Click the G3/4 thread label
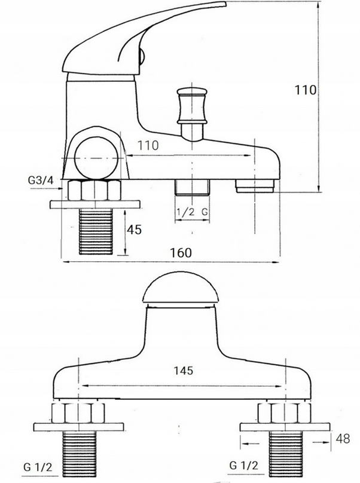(41, 180)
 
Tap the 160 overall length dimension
(181, 253)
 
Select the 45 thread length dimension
(134, 230)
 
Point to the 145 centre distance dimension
(184, 370)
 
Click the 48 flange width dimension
(343, 439)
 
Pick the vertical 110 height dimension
(306, 90)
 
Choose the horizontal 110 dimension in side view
(148, 145)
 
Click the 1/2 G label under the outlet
(193, 212)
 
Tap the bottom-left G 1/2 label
(38, 467)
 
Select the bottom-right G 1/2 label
(243, 465)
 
